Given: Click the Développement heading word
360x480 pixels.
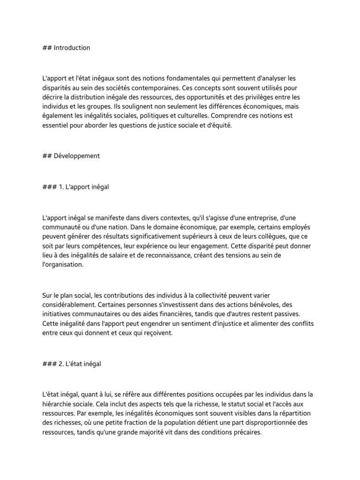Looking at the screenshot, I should point(76,156).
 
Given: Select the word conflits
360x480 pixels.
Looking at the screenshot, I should point(304,323).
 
